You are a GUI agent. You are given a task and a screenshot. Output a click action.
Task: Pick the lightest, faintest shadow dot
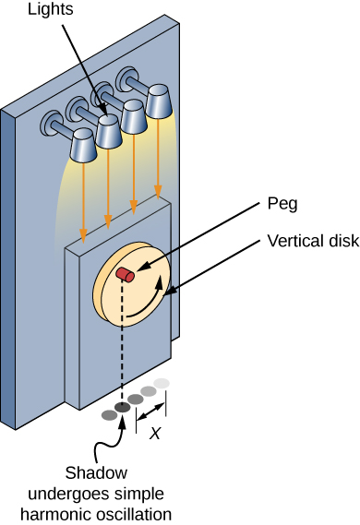tap(162, 383)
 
